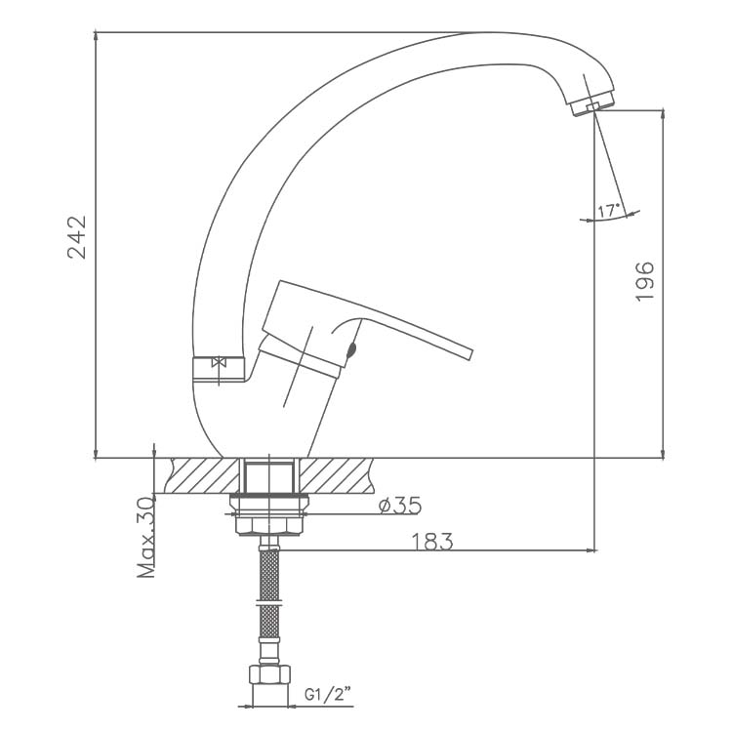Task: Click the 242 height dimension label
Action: [77, 237]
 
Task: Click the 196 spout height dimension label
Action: [645, 281]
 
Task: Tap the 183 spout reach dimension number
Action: [431, 542]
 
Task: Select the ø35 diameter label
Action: [400, 506]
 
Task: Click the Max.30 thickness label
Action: [146, 538]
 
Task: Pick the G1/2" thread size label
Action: [328, 695]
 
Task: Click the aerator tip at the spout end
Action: [592, 106]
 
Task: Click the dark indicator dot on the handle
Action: [351, 350]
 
